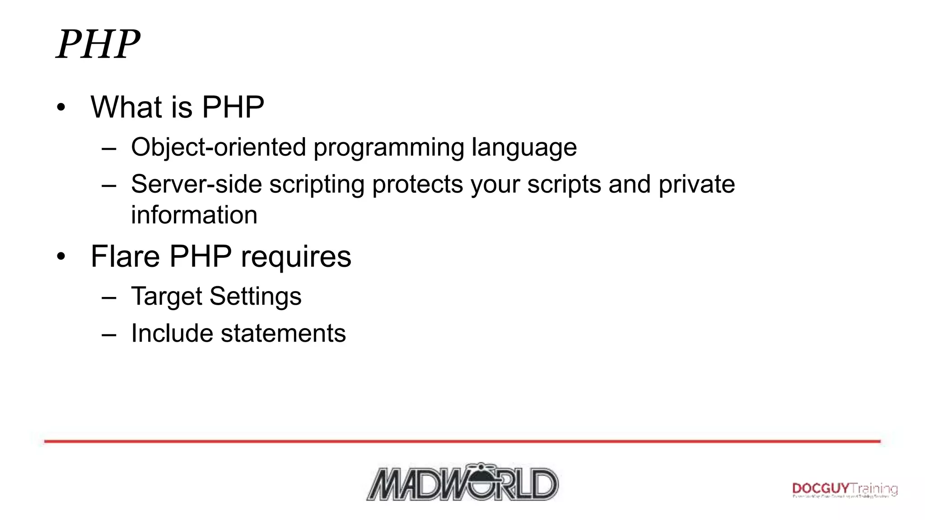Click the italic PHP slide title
[98, 44]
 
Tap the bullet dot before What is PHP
[61, 108]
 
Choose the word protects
[417, 185]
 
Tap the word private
[696, 184]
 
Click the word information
[194, 215]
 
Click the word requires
[296, 257]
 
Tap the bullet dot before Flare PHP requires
[61, 257]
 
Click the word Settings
[255, 297]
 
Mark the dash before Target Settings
[109, 298]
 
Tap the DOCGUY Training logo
[845, 490]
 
